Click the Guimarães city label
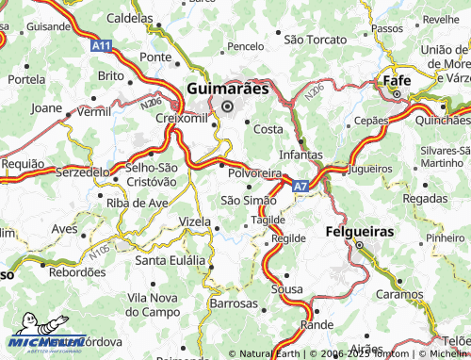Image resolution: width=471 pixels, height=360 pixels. coord(227,88)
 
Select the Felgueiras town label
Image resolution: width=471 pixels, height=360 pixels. coord(360,231)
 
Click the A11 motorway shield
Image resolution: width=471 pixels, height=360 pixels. coord(101,44)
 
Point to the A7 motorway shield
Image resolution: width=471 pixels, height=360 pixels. coord(299,187)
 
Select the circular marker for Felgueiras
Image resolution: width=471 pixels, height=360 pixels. coord(359,247)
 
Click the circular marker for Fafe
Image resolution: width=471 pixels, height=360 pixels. coord(398,94)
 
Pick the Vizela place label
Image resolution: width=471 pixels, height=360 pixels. coord(195,221)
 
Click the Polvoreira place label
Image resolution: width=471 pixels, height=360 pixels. coord(254,174)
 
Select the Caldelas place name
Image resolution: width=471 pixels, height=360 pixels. coord(129,18)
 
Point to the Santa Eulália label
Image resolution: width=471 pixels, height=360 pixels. coord(171,260)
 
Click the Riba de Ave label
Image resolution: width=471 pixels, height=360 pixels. coord(138,203)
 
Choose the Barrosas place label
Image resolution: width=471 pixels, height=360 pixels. coord(234,304)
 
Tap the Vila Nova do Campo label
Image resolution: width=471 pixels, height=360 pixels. coord(153,304)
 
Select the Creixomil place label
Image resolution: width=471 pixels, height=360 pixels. coord(180,119)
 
